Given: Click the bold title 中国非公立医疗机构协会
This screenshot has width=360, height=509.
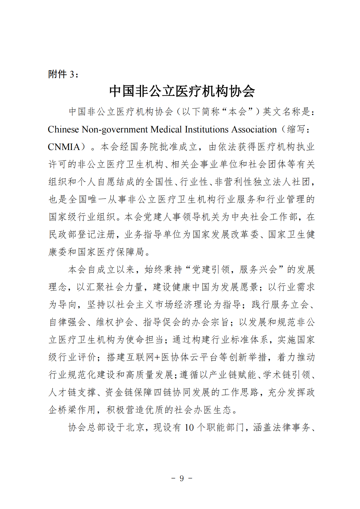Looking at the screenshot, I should click(182, 91).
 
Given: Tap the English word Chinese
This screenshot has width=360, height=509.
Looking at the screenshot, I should click(63, 129).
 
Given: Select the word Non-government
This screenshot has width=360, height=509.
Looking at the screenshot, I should click(115, 129).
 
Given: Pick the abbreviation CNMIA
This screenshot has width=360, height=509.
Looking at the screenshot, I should click(64, 147).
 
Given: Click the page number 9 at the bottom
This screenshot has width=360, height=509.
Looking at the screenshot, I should click(182, 478).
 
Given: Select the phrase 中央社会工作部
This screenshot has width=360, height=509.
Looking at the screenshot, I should click(265, 217).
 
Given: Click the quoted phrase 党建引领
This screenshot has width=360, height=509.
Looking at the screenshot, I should click(211, 269).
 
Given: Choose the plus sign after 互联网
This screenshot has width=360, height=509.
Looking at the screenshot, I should click(157, 357).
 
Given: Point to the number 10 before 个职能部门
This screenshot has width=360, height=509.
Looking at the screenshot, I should click(189, 427).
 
